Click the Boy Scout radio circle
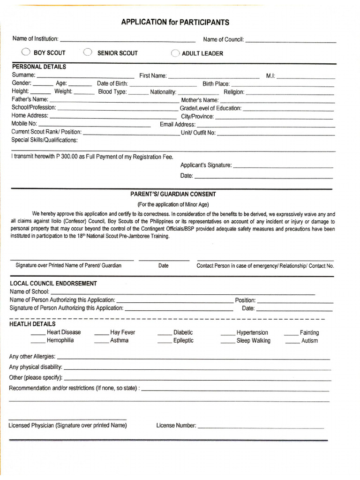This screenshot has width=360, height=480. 26,52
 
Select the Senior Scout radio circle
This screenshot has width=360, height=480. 87,52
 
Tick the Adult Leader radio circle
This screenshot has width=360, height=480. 175,53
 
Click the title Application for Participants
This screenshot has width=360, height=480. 175,22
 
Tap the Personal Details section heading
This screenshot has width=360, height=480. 39,67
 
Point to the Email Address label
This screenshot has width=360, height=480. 178,124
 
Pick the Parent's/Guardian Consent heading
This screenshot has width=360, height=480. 173,194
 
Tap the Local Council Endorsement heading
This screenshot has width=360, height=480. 53,284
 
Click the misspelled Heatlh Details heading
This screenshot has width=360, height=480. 32,324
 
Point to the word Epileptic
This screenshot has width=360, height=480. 183,341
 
